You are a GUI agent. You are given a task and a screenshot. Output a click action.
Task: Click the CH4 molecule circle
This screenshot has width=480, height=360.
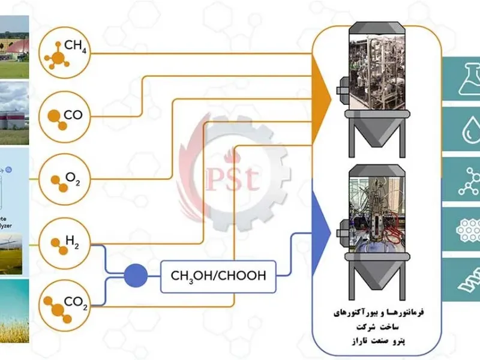coord(65,53)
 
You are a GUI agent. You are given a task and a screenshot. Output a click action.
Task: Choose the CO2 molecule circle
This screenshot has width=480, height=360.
coord(65,304)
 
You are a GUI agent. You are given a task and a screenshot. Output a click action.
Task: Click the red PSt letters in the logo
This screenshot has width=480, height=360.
coord(225,178)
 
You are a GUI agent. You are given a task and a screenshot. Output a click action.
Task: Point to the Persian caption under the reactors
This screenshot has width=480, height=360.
coord(377,327)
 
